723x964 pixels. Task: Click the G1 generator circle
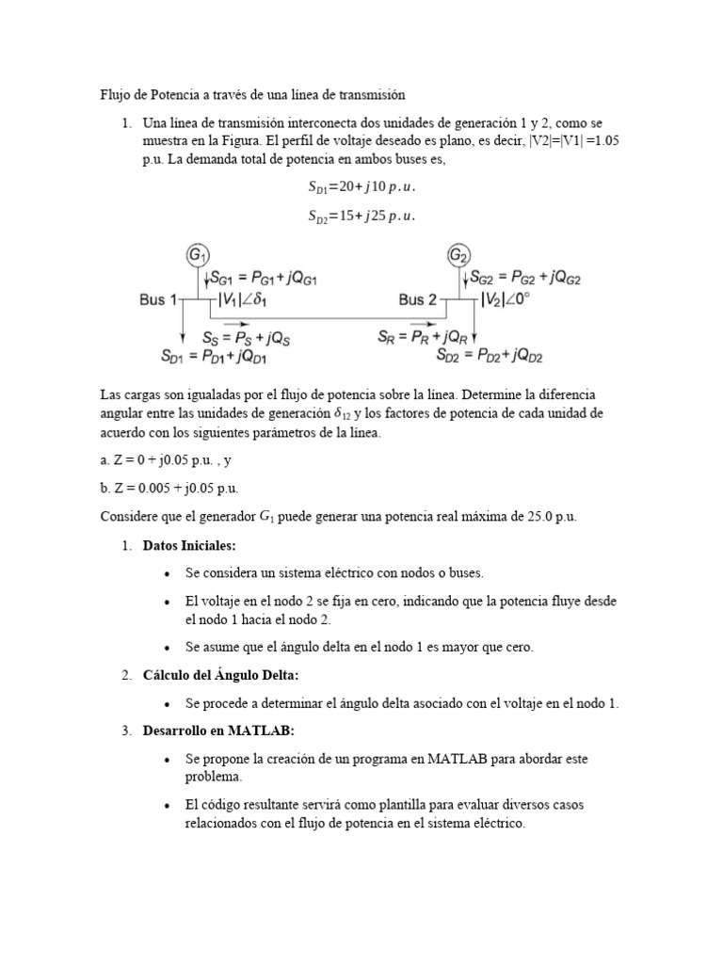[198, 255]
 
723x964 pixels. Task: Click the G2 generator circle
[458, 255]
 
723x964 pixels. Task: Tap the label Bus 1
[158, 300]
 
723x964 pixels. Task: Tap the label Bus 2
[417, 300]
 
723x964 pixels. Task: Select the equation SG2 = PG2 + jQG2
[526, 278]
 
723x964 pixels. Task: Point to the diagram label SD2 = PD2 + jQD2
[490, 356]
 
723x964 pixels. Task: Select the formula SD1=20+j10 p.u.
[361, 186]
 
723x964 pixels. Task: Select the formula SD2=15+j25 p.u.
[361, 216]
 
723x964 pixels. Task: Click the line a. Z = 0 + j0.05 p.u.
[167, 460]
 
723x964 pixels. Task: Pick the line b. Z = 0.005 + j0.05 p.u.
[169, 489]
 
